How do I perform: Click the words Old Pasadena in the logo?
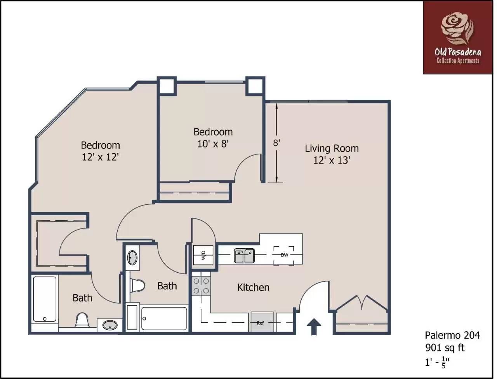point(458,52)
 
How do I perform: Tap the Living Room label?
point(332,148)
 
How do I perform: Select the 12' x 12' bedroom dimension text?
point(100,157)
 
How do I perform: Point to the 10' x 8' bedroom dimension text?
point(213,144)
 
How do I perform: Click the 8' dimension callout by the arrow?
point(276,142)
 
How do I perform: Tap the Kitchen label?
point(253,287)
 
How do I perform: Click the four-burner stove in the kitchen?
point(201,286)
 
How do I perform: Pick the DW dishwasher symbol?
point(284,255)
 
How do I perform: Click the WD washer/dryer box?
point(203,255)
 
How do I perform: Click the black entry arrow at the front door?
point(314,327)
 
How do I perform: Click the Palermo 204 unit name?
point(452,335)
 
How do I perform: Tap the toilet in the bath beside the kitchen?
point(137,285)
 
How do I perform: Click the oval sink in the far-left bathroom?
point(110,325)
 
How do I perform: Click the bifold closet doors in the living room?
point(362,302)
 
